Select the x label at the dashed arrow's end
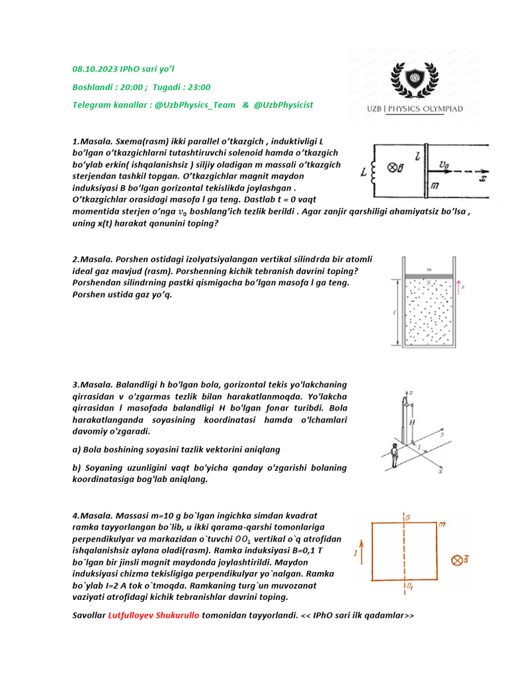[483, 178]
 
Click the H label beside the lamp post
[411, 421]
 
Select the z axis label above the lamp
[411, 393]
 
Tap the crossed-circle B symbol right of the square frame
[457, 560]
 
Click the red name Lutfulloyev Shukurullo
[153, 616]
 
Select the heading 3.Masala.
[93, 384]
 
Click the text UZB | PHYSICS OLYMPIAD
[415, 109]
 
